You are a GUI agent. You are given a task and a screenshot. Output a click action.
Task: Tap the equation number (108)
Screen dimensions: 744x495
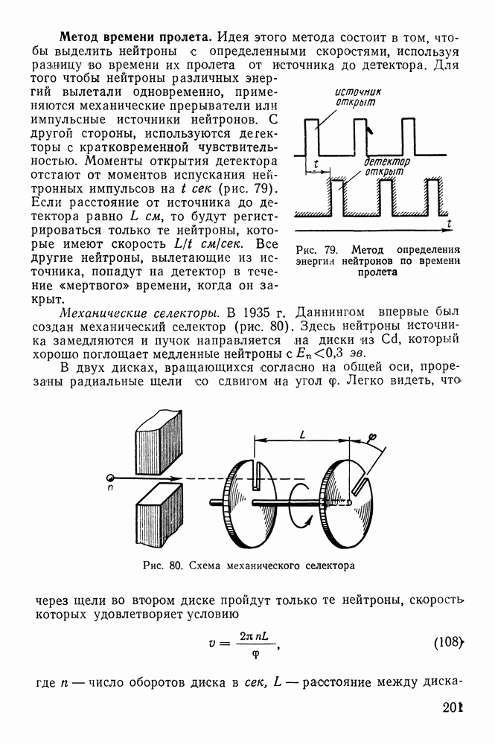[449, 641]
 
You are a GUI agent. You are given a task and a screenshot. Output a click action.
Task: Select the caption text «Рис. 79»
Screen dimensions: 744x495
[316, 249]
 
